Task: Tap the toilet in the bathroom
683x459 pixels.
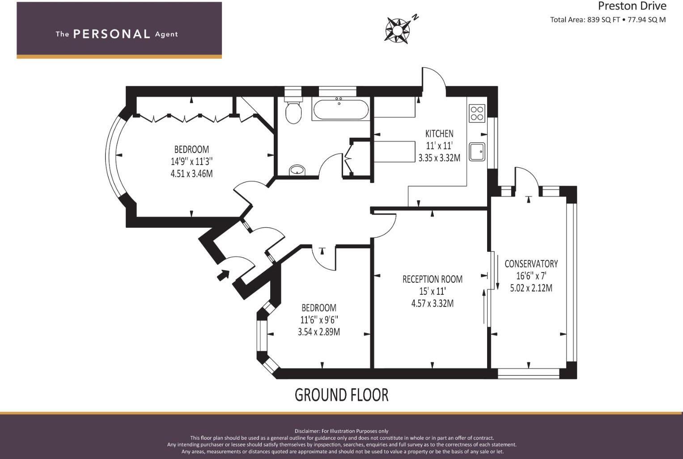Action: [x=293, y=112]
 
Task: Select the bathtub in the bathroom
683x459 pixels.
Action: [x=341, y=109]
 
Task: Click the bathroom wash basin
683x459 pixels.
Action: [x=297, y=170]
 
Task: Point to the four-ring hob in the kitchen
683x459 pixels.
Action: [x=477, y=113]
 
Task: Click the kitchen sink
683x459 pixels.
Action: [x=477, y=152]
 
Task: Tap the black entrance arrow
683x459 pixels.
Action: [x=223, y=275]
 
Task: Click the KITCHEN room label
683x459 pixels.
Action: [x=439, y=133]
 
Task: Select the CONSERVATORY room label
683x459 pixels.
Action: [x=531, y=263]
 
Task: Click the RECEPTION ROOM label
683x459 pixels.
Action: [x=432, y=279]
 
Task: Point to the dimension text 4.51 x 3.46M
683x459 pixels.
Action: [x=191, y=174]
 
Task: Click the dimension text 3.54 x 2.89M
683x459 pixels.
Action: [x=318, y=332]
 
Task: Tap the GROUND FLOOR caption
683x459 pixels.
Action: [x=341, y=395]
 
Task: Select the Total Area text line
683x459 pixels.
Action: [x=607, y=20]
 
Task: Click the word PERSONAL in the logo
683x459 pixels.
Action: [x=111, y=34]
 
